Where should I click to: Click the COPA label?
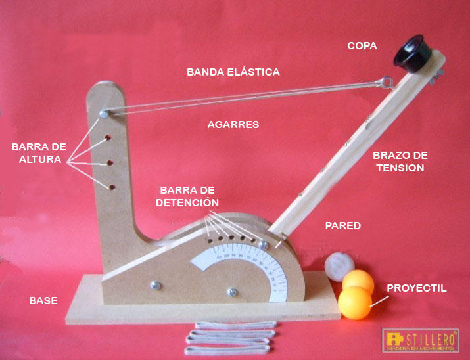362,45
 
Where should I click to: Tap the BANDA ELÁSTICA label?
233,72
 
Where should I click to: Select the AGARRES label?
233,124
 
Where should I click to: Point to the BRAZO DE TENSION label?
400,162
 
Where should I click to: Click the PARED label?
343,225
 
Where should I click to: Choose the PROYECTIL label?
417,288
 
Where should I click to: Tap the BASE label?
43,301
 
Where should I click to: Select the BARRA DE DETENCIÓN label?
187,196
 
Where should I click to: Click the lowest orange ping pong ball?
354,303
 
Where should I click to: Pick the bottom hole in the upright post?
113,187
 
